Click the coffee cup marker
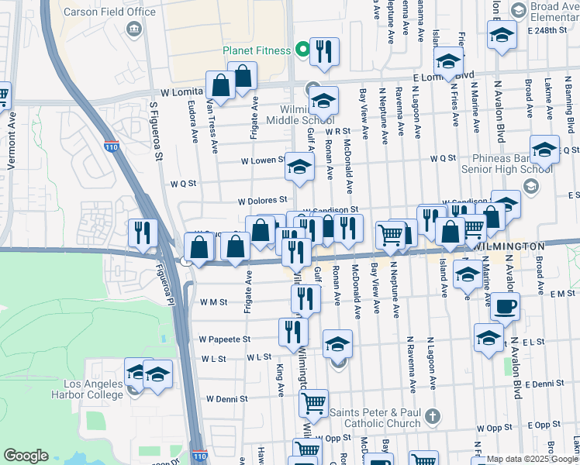pyautogui.click(x=505, y=305)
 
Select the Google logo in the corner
pyautogui.click(x=26, y=456)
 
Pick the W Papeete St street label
pyautogui.click(x=225, y=339)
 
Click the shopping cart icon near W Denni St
pyautogui.click(x=313, y=403)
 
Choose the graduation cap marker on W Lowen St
pyautogui.click(x=300, y=167)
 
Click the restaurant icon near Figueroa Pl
pyautogui.click(x=143, y=232)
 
